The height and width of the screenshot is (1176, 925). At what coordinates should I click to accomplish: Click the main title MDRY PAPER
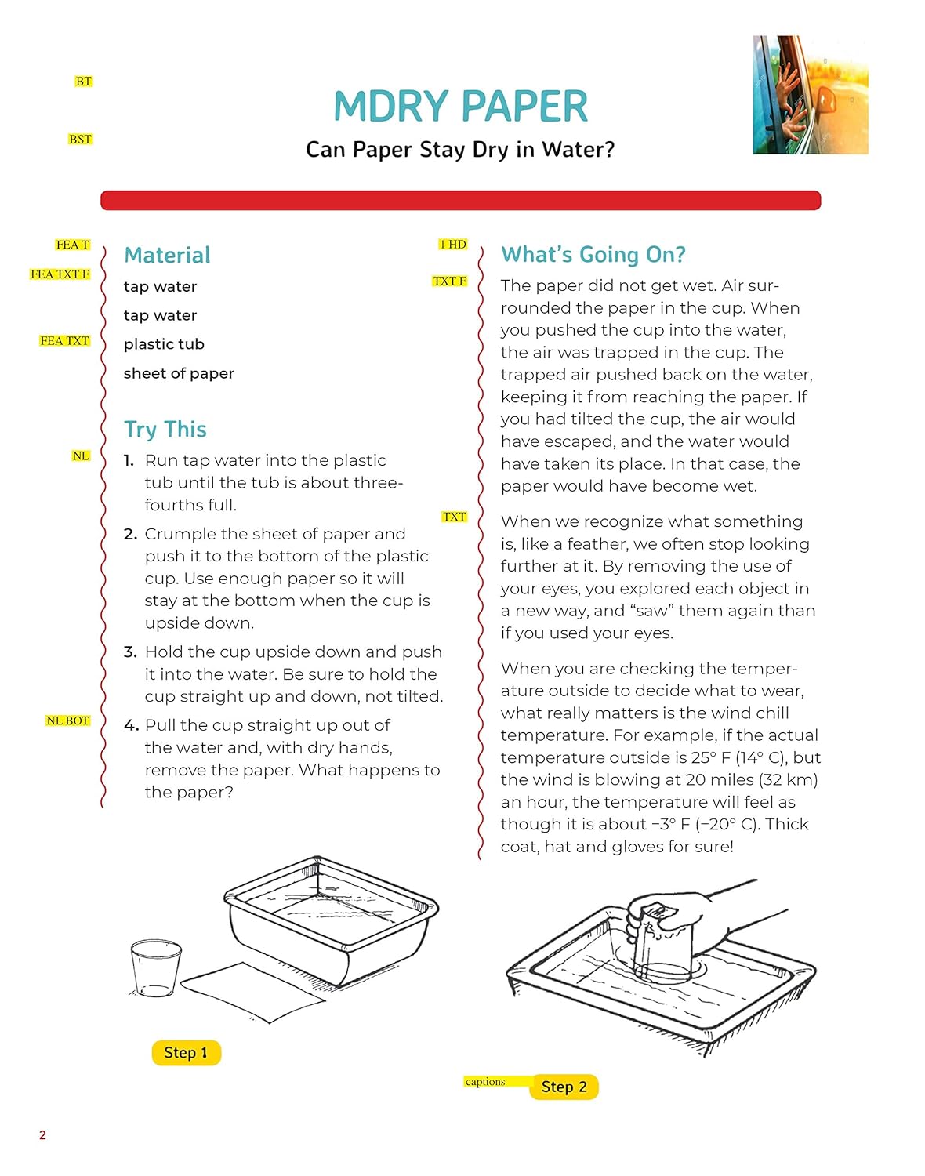[x=461, y=106]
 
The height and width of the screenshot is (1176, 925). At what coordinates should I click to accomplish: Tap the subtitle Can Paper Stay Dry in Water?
[x=460, y=150]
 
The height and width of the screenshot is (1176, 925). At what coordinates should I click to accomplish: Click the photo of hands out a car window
[x=811, y=95]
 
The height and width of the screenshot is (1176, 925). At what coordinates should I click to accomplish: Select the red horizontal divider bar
[x=461, y=200]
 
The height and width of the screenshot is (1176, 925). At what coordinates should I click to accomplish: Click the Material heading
[x=167, y=256]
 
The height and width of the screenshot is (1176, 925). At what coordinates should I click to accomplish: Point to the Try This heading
[x=165, y=430]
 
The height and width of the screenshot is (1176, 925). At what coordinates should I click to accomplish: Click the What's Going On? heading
[x=593, y=255]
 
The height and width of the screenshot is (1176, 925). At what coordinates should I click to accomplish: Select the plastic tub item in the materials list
[x=164, y=344]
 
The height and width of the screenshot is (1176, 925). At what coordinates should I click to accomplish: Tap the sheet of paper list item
[x=179, y=374]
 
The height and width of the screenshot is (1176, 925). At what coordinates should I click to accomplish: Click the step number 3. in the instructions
[x=130, y=652]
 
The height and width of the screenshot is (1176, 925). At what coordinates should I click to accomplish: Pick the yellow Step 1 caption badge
[x=187, y=1052]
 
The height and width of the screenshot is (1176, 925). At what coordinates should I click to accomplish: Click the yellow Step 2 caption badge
[x=564, y=1087]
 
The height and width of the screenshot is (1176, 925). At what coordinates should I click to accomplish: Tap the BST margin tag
[x=80, y=140]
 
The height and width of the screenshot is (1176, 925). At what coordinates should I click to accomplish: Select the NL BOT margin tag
[x=67, y=720]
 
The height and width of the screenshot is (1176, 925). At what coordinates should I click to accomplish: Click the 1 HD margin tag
[x=453, y=245]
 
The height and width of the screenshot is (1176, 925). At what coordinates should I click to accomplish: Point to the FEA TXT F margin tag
[x=60, y=274]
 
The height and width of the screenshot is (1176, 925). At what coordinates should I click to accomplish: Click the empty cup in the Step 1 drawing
[x=156, y=967]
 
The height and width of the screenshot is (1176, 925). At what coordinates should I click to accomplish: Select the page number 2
[x=42, y=1135]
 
